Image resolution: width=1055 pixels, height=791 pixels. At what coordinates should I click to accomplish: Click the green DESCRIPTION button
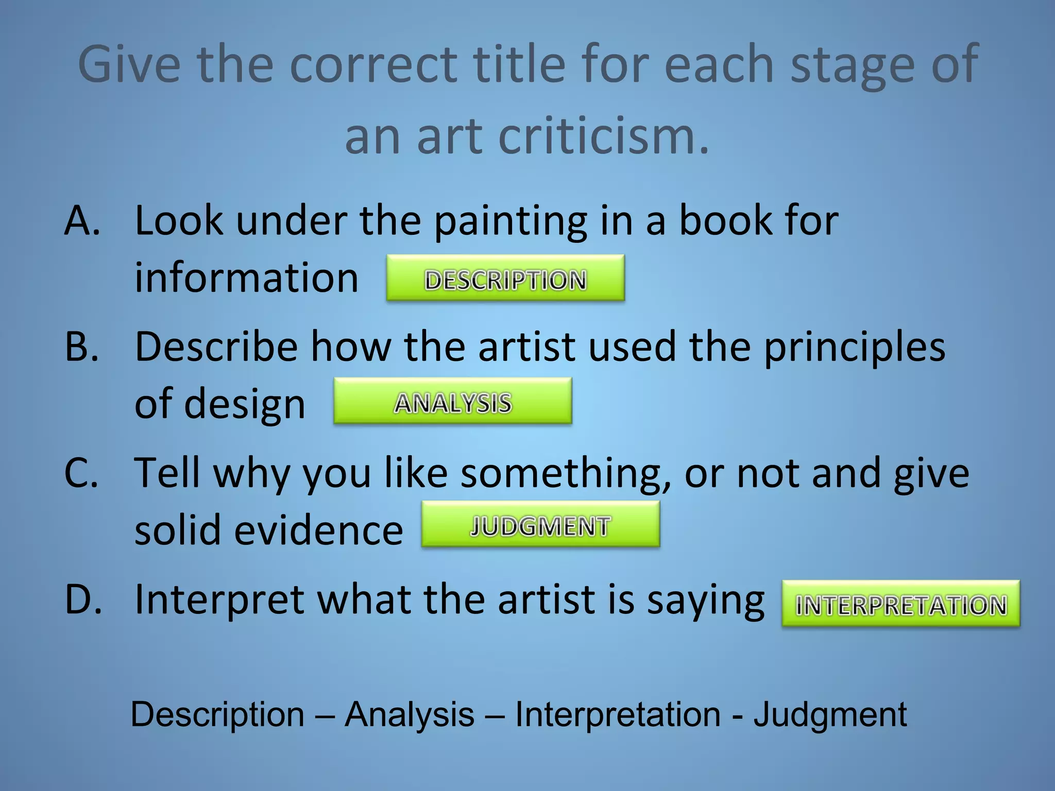click(x=505, y=278)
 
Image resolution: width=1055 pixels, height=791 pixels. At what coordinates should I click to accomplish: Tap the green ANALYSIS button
click(x=452, y=401)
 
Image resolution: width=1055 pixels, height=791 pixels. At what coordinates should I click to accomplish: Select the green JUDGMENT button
click(x=540, y=524)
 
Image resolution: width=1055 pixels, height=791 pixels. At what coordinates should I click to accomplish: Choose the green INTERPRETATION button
click(x=900, y=604)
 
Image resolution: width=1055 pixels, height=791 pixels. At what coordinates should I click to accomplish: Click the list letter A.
click(x=82, y=220)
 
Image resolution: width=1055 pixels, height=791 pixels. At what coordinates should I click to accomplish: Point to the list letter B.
click(x=82, y=347)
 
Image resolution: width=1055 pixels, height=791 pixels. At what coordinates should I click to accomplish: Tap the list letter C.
click(x=81, y=473)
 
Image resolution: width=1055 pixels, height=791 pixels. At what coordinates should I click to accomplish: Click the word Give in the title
click(x=129, y=64)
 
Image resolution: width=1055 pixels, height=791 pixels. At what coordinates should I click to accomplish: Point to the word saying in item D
click(x=706, y=600)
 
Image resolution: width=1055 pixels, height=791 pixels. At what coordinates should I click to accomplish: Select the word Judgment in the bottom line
click(x=830, y=715)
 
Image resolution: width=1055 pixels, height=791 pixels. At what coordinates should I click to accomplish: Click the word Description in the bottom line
click(x=217, y=715)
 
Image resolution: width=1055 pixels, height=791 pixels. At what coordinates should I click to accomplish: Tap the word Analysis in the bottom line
click(x=410, y=715)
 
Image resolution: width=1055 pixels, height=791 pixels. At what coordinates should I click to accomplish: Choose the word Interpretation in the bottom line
click(x=618, y=715)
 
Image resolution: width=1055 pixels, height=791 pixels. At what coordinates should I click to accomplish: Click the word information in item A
click(x=246, y=278)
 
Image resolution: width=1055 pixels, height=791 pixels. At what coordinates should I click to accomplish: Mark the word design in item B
click(x=245, y=404)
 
